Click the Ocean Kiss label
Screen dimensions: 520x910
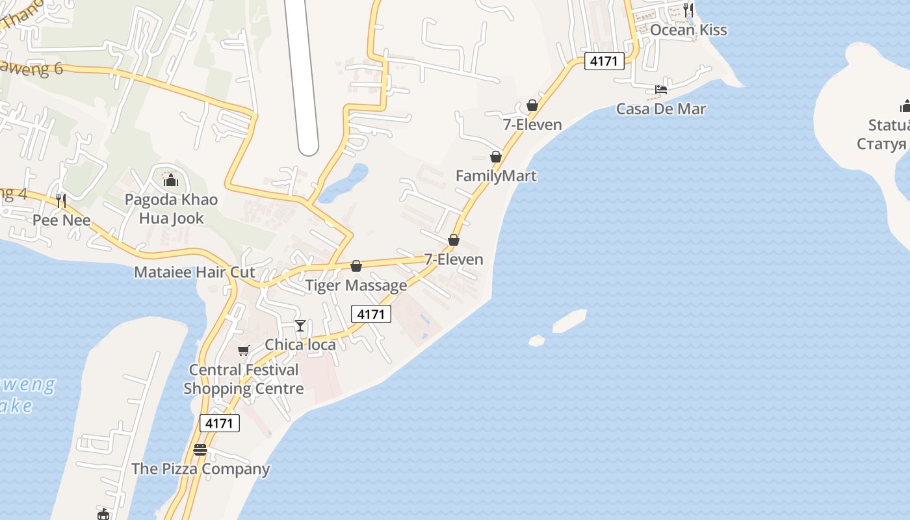tap(688, 30)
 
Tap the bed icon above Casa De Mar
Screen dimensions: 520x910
tap(661, 90)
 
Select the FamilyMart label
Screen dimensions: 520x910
tap(496, 175)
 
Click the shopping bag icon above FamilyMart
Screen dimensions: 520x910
tap(496, 157)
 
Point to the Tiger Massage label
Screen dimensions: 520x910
tap(356, 285)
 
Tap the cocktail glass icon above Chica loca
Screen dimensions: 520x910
tap(300, 325)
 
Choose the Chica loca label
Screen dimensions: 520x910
tap(300, 344)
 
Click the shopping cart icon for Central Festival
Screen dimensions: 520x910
tap(243, 351)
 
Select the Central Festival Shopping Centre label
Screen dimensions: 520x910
tap(244, 379)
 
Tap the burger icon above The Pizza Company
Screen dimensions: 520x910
tap(200, 450)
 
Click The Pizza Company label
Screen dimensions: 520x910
tap(200, 469)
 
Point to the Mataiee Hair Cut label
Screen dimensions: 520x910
tap(194, 272)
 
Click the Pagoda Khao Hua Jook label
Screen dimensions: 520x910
tap(172, 209)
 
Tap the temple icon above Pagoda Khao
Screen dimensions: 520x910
tap(171, 179)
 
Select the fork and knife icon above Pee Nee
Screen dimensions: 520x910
tap(61, 201)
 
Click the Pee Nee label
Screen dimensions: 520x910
tap(61, 220)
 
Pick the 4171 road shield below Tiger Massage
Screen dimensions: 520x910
tap(371, 314)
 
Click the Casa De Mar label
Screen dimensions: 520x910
tap(661, 109)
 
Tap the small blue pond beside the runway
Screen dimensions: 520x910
tap(344, 183)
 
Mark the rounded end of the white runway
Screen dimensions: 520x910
tap(308, 147)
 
